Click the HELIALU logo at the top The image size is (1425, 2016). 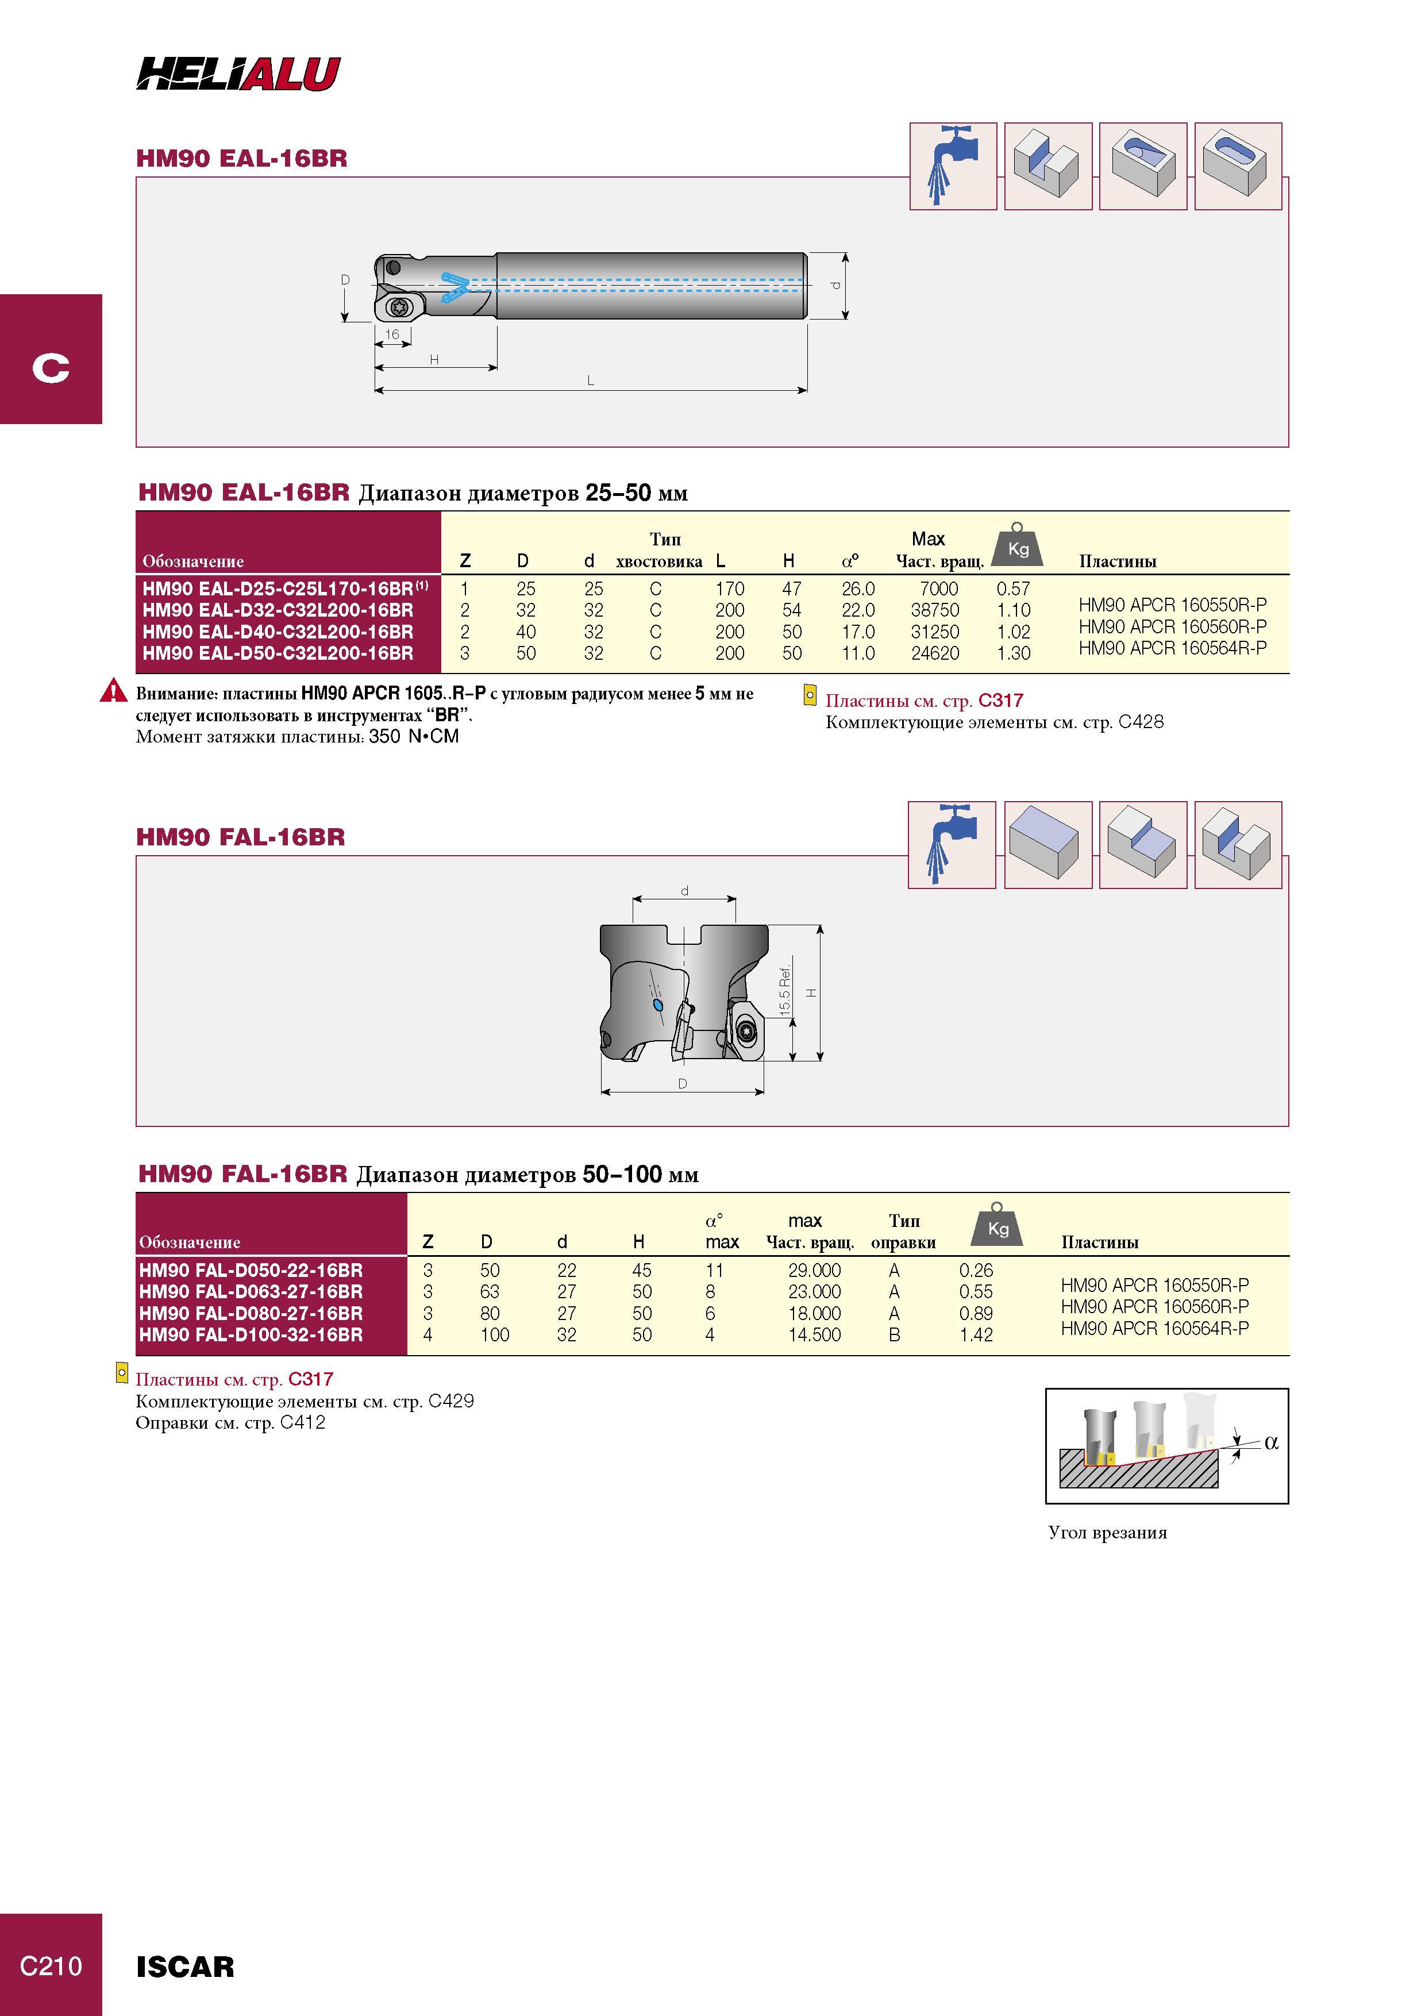tap(238, 74)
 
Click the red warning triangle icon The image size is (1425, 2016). tap(113, 691)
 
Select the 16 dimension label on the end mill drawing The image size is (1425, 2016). tap(392, 334)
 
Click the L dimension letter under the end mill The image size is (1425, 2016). tap(590, 380)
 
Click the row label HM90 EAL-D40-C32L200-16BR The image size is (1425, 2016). tap(278, 632)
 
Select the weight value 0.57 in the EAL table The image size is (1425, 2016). tap(1013, 588)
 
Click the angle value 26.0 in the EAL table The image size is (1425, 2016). tap(858, 588)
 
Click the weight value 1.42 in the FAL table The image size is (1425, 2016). tap(976, 1334)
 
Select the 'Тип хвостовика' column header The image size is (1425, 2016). tap(660, 549)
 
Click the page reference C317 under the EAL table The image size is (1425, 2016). tap(1001, 701)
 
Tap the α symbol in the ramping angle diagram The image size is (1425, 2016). tap(1272, 1442)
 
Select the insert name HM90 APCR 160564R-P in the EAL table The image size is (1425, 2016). tap(1172, 648)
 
